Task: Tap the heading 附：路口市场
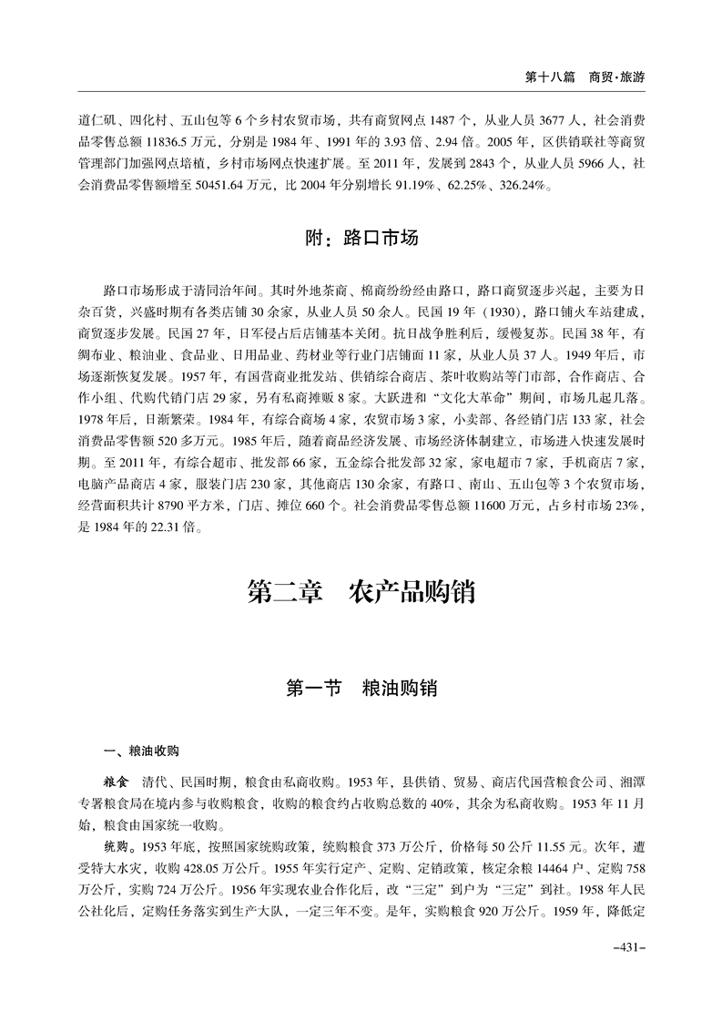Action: point(361,240)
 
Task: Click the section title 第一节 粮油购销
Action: point(361,688)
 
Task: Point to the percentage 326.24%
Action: point(526,188)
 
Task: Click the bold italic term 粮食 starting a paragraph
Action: point(118,783)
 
